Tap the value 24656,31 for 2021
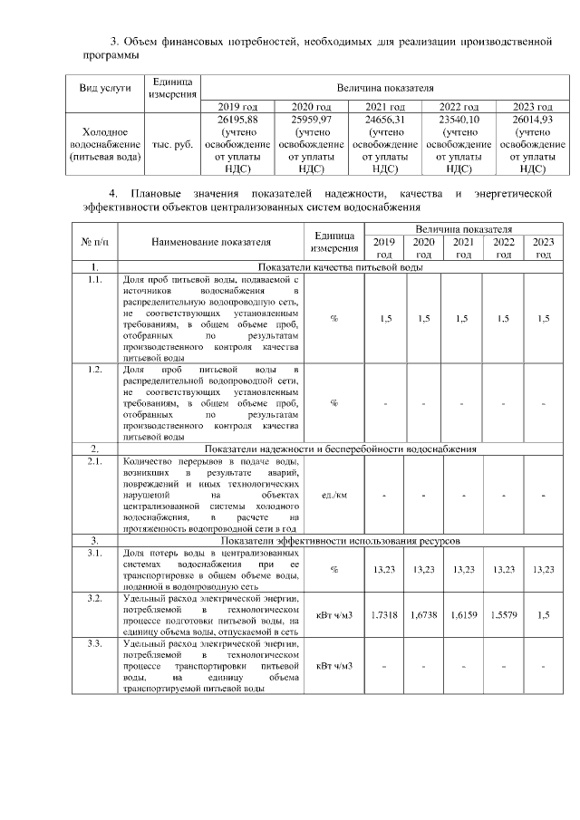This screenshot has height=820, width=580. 385,119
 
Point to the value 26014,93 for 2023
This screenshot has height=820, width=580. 533,119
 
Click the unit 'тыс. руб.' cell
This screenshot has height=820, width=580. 173,144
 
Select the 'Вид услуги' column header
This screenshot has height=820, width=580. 106,88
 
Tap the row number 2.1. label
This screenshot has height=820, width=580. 94,461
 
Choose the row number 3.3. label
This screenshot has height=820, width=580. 94,643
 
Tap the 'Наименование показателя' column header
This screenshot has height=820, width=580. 211,242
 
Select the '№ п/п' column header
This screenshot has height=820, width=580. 94,242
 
